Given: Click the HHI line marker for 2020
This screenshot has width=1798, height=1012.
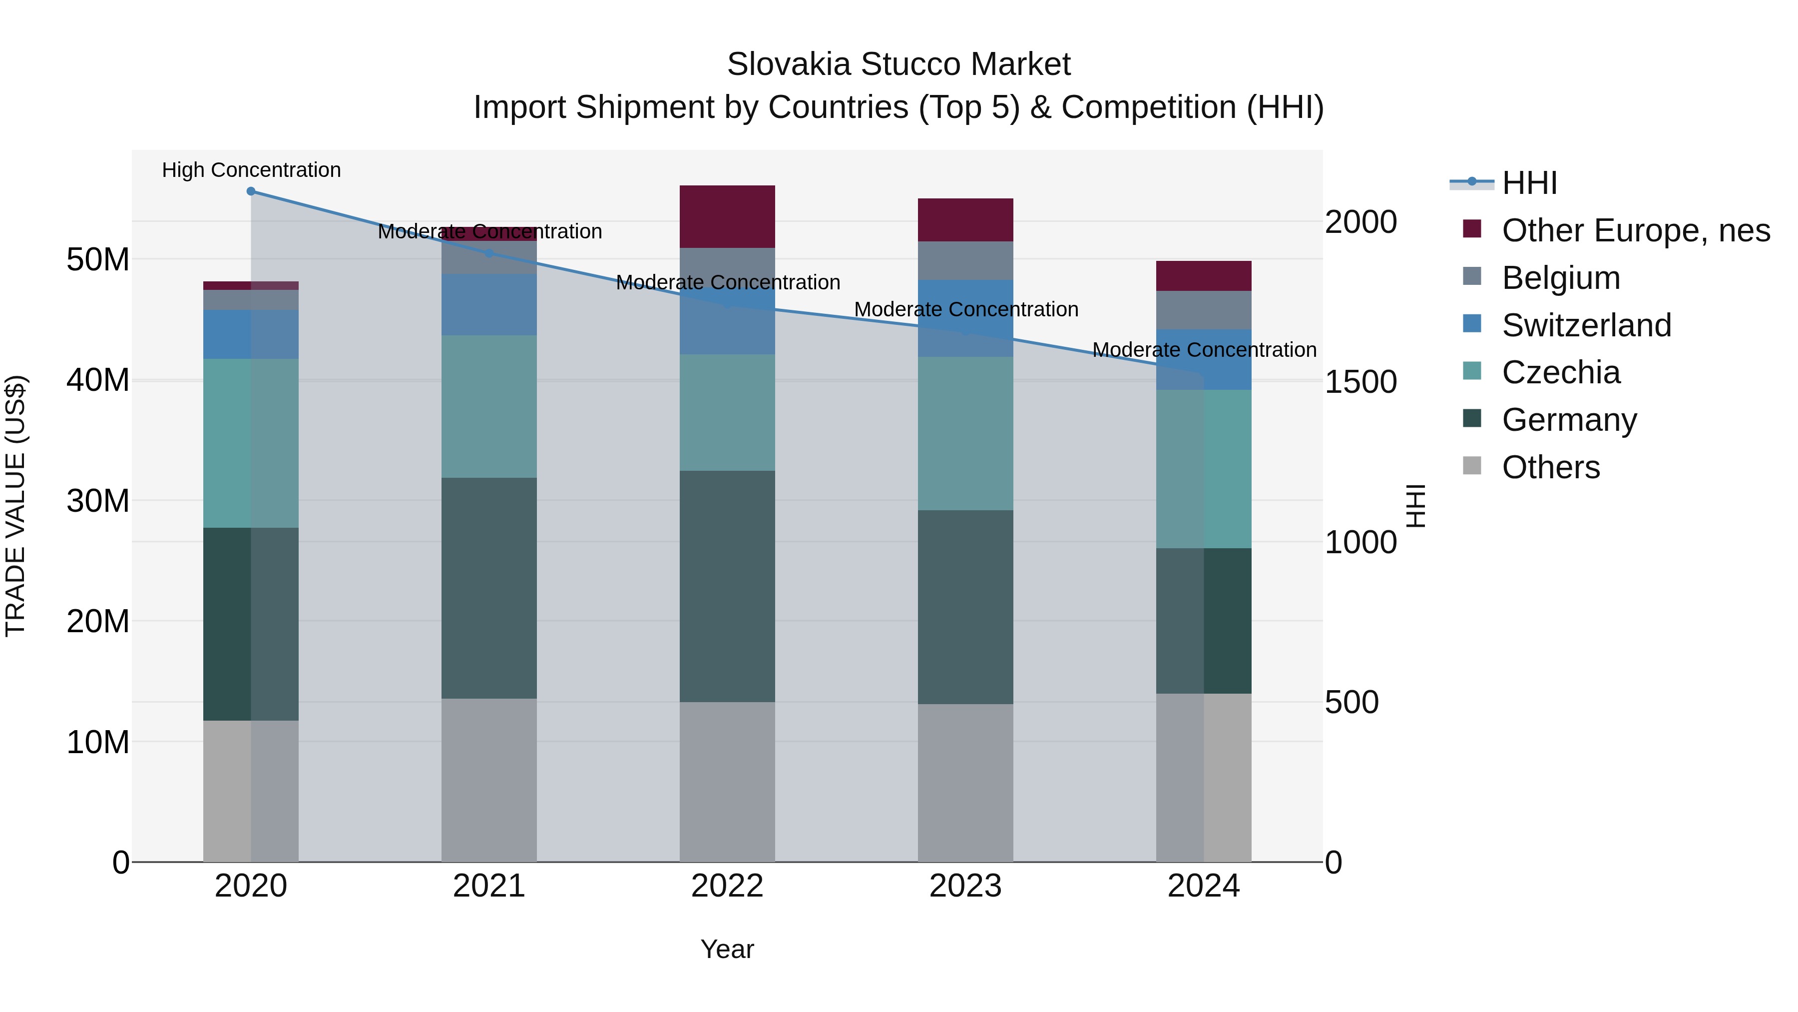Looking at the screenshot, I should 251,191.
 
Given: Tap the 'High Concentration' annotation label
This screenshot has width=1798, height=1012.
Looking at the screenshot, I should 251,170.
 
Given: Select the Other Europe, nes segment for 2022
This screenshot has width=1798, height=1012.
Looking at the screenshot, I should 727,216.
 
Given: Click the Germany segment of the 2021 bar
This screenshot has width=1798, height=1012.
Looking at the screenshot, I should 488,588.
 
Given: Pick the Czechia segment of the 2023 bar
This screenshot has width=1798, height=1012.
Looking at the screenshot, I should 965,433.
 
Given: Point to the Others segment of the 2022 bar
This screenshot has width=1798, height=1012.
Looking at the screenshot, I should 727,782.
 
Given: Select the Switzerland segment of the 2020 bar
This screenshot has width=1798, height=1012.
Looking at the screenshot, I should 251,334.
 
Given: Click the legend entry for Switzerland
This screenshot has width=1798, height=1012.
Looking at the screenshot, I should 1586,325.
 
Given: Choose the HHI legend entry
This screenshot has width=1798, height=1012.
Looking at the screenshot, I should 1529,183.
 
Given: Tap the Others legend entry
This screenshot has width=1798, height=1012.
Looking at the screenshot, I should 1550,467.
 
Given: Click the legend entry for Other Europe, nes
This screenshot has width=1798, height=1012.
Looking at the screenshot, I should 1635,230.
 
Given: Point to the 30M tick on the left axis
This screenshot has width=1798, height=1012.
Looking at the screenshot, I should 98,501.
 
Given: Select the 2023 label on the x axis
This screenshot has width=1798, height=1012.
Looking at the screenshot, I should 965,886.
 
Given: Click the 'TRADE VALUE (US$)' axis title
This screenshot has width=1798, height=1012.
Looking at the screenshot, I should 15,506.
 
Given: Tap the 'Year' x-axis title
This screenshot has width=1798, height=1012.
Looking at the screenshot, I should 727,949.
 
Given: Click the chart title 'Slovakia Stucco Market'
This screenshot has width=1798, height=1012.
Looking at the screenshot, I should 899,64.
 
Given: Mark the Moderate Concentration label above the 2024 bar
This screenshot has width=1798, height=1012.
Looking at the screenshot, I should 1204,350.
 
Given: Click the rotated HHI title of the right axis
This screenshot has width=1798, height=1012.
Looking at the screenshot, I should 1415,506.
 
